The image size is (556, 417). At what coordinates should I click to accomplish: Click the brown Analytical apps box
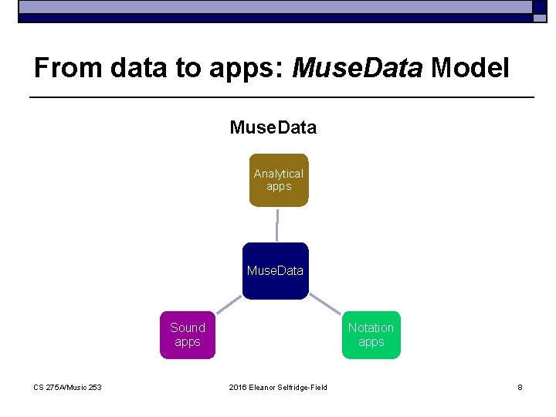278,180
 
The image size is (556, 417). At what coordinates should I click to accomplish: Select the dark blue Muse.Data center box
275,271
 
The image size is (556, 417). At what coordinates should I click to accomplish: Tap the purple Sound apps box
188,335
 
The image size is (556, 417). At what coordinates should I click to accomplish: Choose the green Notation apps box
371,335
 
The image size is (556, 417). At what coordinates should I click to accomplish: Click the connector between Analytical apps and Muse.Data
276,225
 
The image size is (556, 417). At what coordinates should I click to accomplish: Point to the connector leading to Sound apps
228,303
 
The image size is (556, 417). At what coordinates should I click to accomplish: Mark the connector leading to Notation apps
324,303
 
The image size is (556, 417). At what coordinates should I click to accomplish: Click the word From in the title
68,69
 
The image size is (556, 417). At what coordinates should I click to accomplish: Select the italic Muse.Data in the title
358,69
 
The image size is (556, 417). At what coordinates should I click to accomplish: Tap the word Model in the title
470,69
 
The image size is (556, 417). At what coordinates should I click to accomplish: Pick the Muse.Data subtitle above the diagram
273,127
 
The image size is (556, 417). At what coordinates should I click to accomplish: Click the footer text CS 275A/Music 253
67,387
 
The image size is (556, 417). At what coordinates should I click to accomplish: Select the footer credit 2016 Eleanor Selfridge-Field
278,387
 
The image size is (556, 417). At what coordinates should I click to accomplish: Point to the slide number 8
520,387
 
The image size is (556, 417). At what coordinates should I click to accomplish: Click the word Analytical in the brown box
278,174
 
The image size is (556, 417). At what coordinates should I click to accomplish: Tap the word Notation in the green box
371,327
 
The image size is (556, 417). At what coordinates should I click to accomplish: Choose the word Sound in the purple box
188,327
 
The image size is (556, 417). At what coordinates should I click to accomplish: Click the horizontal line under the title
281,97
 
